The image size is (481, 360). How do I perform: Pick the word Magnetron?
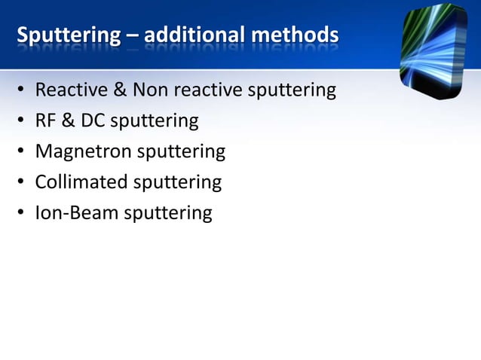click(x=83, y=151)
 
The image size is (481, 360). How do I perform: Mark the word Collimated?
click(x=81, y=182)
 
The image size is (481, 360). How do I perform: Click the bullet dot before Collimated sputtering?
click(x=23, y=183)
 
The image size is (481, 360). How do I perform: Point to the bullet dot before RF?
click(x=23, y=121)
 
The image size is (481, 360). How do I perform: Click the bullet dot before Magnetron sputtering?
click(x=23, y=152)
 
